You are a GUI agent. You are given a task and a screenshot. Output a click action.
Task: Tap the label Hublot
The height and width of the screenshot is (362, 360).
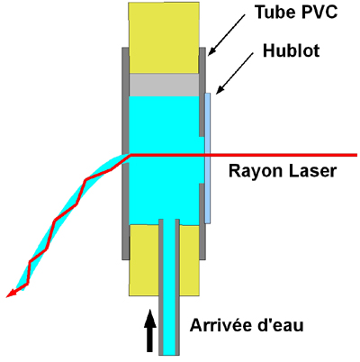coord(291,50)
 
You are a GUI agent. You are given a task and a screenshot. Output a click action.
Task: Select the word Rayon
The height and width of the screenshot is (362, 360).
coord(255,172)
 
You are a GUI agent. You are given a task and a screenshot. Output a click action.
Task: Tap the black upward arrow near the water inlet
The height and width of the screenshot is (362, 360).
coord(149,331)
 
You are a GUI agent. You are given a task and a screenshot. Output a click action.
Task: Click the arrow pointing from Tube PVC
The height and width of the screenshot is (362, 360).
coord(226,35)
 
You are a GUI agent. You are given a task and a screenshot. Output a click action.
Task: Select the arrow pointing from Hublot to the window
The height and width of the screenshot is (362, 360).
coord(235,74)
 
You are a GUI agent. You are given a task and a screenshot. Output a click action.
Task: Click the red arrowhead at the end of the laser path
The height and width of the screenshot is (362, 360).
coord(12,294)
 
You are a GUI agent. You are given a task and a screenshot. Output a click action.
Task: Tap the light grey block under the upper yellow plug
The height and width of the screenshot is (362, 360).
coord(164,85)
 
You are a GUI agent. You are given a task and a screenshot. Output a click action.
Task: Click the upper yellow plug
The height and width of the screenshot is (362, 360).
coord(164,38)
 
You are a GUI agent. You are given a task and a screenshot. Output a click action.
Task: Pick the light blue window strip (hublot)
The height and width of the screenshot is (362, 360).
coord(208,158)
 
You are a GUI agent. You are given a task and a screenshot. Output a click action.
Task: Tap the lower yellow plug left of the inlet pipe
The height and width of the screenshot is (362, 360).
coord(144,260)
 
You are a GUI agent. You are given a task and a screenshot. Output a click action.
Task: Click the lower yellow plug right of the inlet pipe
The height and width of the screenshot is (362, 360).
coord(190,260)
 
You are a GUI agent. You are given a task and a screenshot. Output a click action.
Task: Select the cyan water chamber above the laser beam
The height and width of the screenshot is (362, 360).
coord(165,124)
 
